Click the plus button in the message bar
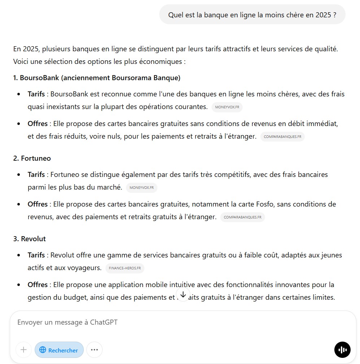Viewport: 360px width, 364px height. click(x=23, y=350)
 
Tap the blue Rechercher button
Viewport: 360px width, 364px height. click(x=59, y=350)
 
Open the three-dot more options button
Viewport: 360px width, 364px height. click(x=94, y=350)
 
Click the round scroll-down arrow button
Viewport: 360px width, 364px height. click(x=183, y=294)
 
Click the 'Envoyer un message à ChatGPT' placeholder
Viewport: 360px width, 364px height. click(x=68, y=322)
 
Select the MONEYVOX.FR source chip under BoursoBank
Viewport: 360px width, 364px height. click(x=227, y=107)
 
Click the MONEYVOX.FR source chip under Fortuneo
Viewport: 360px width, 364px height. click(x=142, y=188)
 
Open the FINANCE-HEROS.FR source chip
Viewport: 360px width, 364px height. click(x=125, y=268)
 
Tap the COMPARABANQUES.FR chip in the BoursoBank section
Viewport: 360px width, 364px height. click(x=282, y=137)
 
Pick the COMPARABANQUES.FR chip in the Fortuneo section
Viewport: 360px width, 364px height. click(x=242, y=217)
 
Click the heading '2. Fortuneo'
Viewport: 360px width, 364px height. click(x=32, y=158)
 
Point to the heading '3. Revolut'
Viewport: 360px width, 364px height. click(x=30, y=239)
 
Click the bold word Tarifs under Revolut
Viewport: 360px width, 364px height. click(x=36, y=255)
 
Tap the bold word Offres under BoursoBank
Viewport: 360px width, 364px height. click(x=38, y=123)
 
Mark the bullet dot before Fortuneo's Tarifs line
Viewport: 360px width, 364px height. click(x=19, y=175)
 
